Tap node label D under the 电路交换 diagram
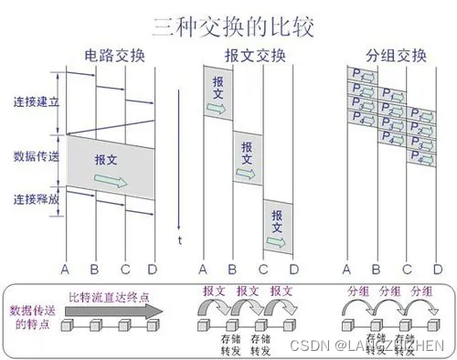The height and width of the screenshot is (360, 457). [153, 270]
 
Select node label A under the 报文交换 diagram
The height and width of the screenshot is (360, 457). [202, 270]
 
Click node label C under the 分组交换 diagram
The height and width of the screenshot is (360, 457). [408, 270]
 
